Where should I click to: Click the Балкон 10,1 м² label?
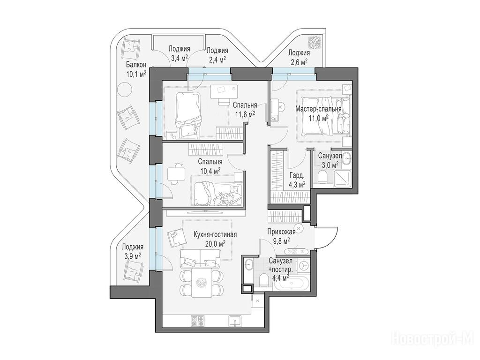click(136, 69)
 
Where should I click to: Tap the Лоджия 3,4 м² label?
click(179, 53)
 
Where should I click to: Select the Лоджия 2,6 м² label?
click(299, 57)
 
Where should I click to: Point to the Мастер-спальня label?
click(318, 109)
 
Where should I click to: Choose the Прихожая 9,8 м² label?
click(281, 236)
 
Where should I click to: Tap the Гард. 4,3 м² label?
click(297, 180)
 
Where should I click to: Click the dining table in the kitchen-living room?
click(202, 283)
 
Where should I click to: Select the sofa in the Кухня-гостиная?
click(200, 258)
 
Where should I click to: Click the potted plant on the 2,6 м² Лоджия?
click(314, 42)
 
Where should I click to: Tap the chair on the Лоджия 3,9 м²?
click(134, 271)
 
